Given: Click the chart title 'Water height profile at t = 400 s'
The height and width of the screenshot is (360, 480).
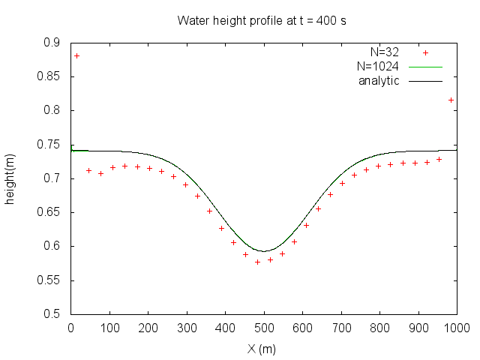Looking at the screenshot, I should click(x=261, y=20).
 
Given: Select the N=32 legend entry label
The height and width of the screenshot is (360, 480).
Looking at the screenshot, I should click(x=384, y=52).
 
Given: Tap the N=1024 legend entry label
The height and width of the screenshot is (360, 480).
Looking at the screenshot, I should click(x=377, y=67).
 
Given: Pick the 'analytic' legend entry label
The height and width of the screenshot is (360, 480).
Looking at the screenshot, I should click(x=379, y=80).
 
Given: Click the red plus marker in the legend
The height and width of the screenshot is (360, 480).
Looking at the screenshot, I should click(x=425, y=53).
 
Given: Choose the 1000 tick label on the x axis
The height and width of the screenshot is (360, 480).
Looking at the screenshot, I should click(x=456, y=328).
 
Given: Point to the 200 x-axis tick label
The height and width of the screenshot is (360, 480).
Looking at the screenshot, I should click(x=148, y=328).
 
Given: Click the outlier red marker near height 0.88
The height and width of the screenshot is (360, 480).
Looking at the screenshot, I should click(x=76, y=56).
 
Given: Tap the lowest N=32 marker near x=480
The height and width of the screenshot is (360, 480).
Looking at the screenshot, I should click(x=257, y=262).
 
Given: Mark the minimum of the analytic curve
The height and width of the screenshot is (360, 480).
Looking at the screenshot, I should click(x=263, y=251).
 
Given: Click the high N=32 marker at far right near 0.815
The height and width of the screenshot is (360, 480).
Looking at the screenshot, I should click(x=451, y=100).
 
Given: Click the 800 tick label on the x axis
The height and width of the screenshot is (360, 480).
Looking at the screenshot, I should click(x=379, y=328).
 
